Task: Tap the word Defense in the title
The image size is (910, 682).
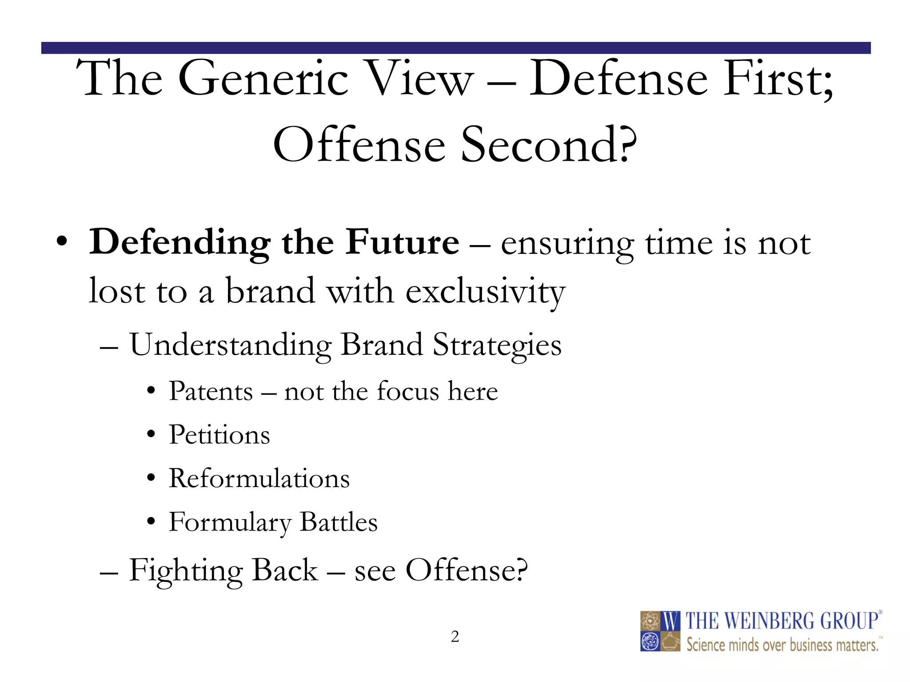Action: point(618,79)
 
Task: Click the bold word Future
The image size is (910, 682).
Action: point(403,242)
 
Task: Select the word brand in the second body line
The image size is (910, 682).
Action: point(270,291)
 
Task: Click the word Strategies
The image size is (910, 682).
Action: point(497,345)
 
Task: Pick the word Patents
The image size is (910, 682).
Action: point(211,392)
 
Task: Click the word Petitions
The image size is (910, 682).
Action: point(219,435)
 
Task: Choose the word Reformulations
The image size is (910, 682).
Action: point(259,479)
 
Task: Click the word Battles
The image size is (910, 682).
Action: point(339,522)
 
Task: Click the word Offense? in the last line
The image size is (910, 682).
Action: point(467,570)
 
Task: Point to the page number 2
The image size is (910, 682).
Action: point(455,637)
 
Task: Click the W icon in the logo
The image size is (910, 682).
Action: point(671,621)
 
